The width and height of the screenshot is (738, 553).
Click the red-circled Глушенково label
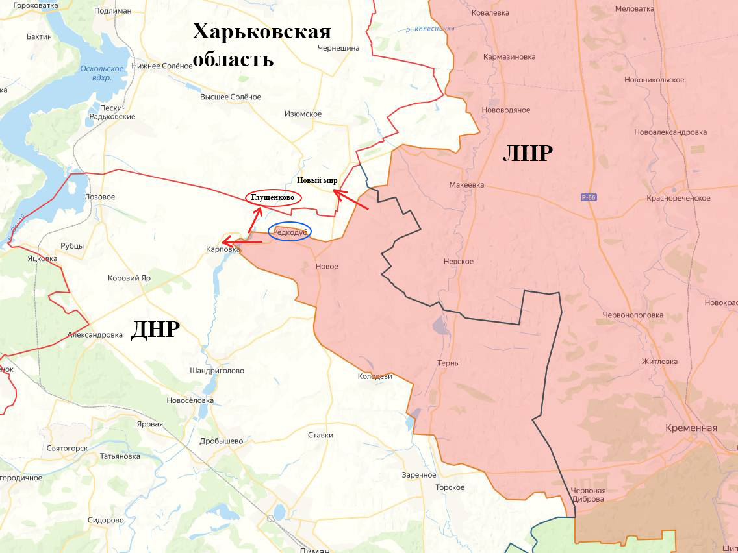[x=273, y=197]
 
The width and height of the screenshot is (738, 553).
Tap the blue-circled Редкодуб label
[x=290, y=232]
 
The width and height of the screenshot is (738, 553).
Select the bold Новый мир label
[x=317, y=180]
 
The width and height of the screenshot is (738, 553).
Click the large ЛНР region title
[x=528, y=153]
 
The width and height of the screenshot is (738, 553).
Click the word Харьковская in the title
[x=261, y=32]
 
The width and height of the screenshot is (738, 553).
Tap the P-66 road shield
[x=589, y=197]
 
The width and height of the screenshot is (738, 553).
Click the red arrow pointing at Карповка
[x=242, y=243]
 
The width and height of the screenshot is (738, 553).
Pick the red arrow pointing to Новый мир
[x=351, y=200]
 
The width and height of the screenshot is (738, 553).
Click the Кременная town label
[x=691, y=428]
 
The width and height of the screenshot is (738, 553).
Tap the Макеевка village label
[x=466, y=185]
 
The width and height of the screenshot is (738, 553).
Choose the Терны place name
[x=448, y=363]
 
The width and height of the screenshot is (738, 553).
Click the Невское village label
[x=458, y=262]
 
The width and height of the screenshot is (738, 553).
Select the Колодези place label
[x=375, y=376]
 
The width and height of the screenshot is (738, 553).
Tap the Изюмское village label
[x=303, y=114]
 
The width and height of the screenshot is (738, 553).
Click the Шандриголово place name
[x=217, y=371]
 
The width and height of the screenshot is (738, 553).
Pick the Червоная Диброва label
[x=587, y=495]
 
